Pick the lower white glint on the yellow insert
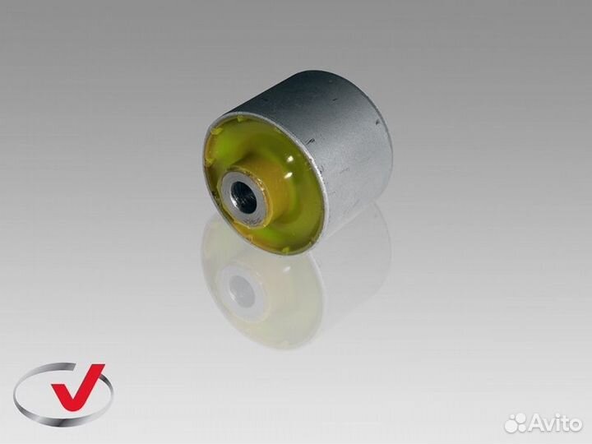point(291,175)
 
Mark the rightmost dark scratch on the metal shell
point(378,123)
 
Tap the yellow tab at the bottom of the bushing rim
point(286,249)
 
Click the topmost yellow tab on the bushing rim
point(239,120)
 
